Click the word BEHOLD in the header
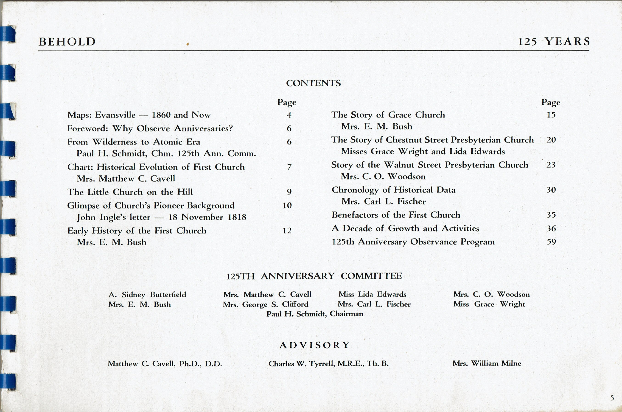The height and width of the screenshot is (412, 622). coord(67,42)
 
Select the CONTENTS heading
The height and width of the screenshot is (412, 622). coord(313,83)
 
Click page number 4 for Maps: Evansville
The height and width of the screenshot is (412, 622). coord(289,115)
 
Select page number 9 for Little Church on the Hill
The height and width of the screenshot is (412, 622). coord(289,192)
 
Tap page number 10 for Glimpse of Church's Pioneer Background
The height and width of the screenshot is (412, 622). coord(287,205)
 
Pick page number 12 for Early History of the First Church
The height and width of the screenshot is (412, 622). coord(287,231)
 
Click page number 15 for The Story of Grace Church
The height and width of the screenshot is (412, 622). coord(551,115)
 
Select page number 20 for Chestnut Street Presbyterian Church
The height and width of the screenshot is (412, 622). coord(551,140)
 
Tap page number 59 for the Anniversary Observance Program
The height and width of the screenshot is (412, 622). coord(551,242)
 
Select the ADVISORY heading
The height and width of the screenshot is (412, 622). coord(314,345)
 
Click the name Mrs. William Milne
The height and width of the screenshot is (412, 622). coord(487,363)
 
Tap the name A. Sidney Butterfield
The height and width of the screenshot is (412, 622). coord(147,295)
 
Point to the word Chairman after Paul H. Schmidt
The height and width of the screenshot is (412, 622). coord(346,314)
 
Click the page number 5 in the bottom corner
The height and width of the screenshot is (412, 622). coord(612,398)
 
